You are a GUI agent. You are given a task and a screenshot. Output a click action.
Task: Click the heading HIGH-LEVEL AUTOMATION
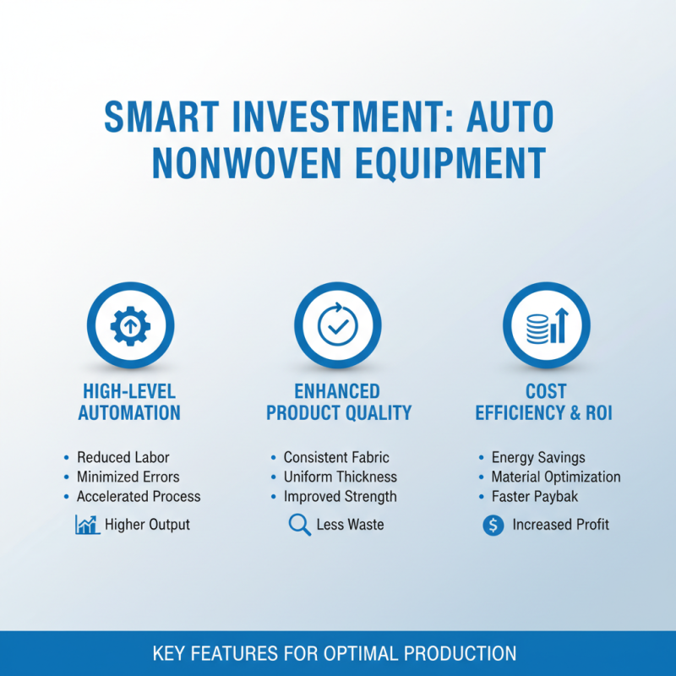tap(130, 402)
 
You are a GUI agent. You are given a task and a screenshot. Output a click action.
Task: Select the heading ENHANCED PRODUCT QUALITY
tap(338, 402)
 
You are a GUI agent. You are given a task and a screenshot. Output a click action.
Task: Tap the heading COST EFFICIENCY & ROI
tap(544, 402)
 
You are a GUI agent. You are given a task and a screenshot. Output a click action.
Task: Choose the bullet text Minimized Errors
tap(128, 477)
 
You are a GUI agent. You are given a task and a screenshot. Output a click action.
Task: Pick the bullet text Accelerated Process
tap(139, 496)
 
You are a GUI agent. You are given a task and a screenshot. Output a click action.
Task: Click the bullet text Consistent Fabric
tap(336, 457)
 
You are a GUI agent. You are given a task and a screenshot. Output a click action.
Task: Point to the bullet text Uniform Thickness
tap(340, 477)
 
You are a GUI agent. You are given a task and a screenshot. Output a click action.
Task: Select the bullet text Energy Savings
tap(538, 457)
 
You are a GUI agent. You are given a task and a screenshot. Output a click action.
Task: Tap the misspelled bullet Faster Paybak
tap(536, 496)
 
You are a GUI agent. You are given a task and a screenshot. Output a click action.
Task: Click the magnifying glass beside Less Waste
tap(299, 525)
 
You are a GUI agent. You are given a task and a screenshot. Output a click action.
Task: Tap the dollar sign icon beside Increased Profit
tap(493, 525)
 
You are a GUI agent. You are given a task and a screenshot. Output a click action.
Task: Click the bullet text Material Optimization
tap(556, 477)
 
